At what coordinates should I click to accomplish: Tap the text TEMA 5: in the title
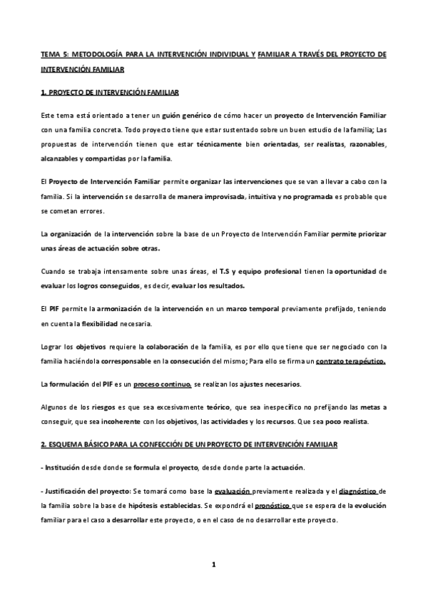click(53, 54)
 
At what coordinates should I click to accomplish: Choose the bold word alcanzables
click(60, 158)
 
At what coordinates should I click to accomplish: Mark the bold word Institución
click(65, 467)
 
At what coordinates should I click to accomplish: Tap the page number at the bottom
click(213, 564)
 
